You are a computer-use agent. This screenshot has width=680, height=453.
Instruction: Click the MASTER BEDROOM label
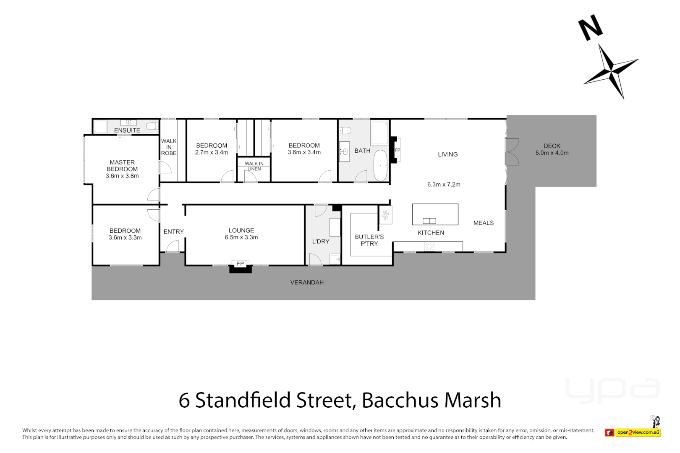click(x=122, y=166)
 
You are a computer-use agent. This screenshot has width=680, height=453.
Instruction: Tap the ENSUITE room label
click(x=127, y=130)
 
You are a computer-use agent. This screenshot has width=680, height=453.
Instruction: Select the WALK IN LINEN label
click(x=254, y=166)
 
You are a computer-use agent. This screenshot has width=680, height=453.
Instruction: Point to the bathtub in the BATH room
click(x=381, y=165)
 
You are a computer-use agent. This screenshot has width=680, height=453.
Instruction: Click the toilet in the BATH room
click(x=345, y=130)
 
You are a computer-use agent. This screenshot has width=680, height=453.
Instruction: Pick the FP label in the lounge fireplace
click(x=240, y=264)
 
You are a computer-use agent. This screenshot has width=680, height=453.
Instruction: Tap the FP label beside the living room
click(x=398, y=150)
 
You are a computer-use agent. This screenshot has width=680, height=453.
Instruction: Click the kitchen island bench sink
click(x=429, y=221)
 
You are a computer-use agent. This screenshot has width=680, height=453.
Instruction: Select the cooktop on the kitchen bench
click(x=429, y=247)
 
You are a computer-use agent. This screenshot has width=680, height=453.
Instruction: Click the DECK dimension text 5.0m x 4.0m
click(x=552, y=153)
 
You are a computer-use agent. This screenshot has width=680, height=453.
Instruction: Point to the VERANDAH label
click(x=307, y=283)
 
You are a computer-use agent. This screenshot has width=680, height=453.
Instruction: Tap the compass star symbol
click(x=611, y=70)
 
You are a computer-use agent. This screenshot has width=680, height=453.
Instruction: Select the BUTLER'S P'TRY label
click(x=369, y=240)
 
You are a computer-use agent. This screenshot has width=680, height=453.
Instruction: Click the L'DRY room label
click(x=321, y=242)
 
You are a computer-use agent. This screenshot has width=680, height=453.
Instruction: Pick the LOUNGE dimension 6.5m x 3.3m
click(x=241, y=237)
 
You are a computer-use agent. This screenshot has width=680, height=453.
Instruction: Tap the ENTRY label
click(x=174, y=232)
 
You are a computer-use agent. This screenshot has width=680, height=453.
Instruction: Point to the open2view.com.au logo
click(x=638, y=432)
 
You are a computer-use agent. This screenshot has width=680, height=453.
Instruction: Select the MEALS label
click(x=484, y=223)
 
